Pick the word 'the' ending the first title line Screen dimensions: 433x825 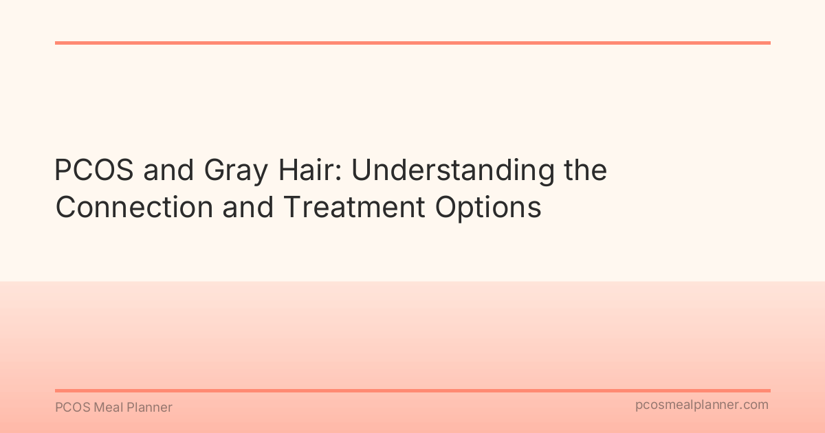pyautogui.click(x=585, y=170)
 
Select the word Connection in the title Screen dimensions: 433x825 pyautogui.click(x=134, y=207)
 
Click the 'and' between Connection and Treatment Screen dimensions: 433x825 pyautogui.click(x=245, y=207)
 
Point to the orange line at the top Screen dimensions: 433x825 pyautogui.click(x=412, y=43)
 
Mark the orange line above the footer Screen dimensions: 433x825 pyautogui.click(x=412, y=390)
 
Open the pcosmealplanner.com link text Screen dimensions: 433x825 pyautogui.click(x=701, y=406)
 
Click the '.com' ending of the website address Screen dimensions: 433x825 pyautogui.click(x=755, y=406)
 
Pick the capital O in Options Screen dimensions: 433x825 pyautogui.click(x=445, y=207)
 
